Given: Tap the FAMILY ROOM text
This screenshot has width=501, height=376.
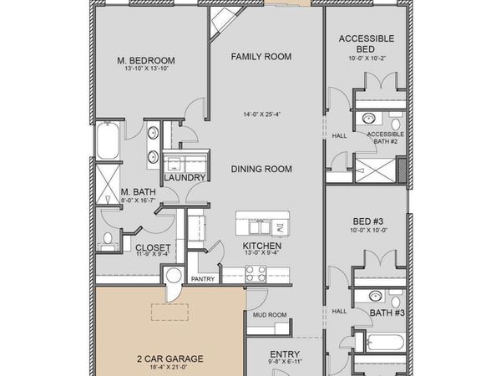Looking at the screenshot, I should pyautogui.click(x=261, y=57).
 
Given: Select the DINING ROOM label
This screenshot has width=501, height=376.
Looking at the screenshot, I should pyautogui.click(x=261, y=169).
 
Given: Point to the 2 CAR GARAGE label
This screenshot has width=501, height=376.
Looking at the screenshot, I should pyautogui.click(x=170, y=359).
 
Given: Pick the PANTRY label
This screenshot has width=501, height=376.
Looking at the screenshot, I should pyautogui.click(x=203, y=279).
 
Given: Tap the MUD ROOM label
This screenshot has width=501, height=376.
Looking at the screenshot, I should pyautogui.click(x=265, y=315).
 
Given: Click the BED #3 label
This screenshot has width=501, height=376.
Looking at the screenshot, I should pyautogui.click(x=367, y=221).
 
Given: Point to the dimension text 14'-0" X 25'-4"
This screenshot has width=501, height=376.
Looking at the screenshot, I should pyautogui.click(x=261, y=114).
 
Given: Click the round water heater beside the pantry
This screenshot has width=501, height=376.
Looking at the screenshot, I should pyautogui.click(x=175, y=276).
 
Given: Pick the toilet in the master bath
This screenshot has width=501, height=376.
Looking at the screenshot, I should pyautogui.click(x=108, y=242).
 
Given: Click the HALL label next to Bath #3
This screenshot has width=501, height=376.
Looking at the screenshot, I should pyautogui.click(x=339, y=311).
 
